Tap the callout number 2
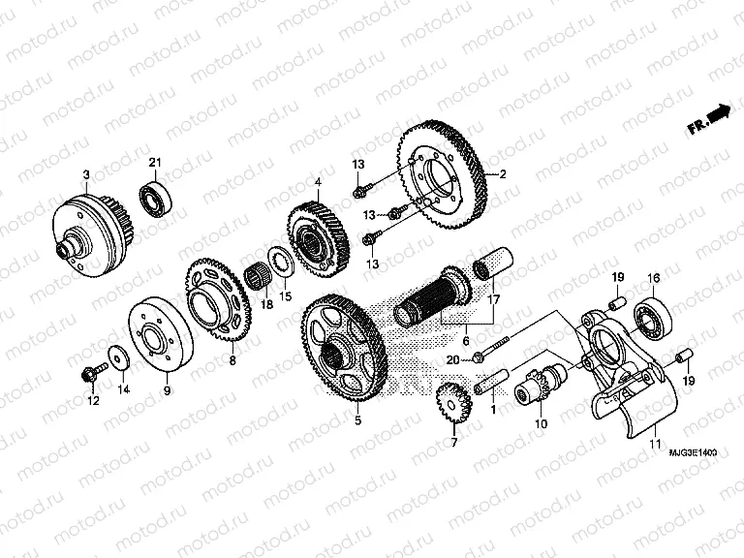[503, 174]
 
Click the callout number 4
[318, 181]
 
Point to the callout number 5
[357, 421]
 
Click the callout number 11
[656, 444]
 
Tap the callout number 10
[541, 424]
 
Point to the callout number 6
[465, 342]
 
